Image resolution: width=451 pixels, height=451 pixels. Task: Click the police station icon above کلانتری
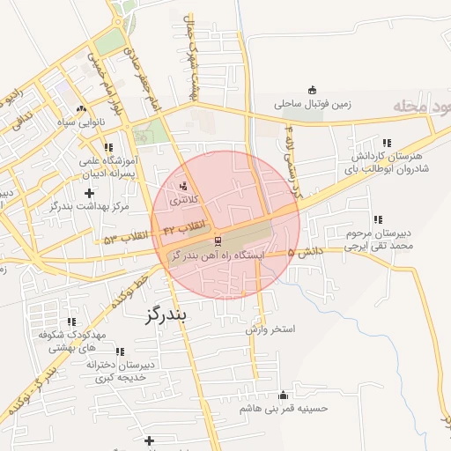click(183, 186)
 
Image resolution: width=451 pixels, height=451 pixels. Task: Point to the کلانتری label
click(184, 201)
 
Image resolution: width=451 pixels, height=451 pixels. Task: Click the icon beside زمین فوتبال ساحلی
click(312, 89)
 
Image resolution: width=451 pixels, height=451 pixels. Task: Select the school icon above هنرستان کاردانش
click(386, 143)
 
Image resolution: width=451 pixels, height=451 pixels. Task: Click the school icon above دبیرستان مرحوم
click(377, 219)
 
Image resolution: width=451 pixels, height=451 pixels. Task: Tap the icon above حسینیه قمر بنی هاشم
click(283, 396)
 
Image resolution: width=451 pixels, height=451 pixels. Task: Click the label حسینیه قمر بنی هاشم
click(283, 410)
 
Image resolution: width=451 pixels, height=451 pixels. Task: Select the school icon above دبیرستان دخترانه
click(120, 351)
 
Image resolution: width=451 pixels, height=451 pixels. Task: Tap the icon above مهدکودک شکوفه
click(71, 322)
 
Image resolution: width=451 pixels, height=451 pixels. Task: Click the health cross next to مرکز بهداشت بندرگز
click(88, 192)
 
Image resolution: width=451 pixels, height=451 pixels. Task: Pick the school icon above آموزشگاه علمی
click(108, 148)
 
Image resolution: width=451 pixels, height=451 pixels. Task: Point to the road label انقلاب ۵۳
click(122, 238)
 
